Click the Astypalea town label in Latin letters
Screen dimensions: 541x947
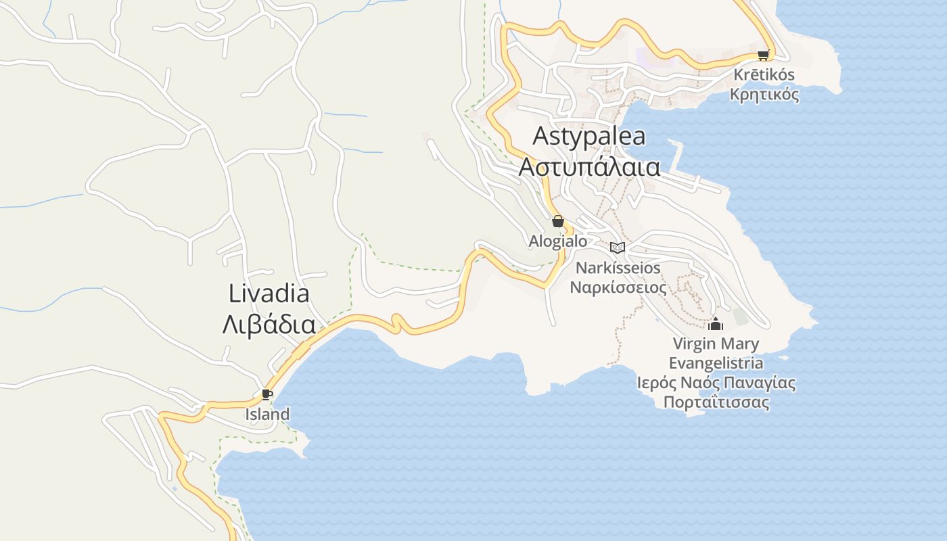(x=588, y=137)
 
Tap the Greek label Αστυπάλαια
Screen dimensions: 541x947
(x=589, y=166)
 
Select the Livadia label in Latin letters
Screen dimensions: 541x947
(x=269, y=293)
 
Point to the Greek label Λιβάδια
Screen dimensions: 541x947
(x=269, y=325)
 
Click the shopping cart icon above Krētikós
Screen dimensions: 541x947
(x=763, y=55)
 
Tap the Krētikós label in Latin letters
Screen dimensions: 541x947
(x=763, y=74)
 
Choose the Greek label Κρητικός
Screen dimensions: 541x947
(x=764, y=94)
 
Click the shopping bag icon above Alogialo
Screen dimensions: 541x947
(x=558, y=221)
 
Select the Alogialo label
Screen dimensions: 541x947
(x=558, y=241)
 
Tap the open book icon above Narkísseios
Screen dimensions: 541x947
(x=617, y=248)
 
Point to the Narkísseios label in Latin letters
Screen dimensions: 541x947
(x=618, y=268)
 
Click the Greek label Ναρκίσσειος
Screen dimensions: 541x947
(x=618, y=287)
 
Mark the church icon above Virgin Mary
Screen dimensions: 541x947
(x=716, y=324)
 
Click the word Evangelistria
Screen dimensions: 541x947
(x=716, y=363)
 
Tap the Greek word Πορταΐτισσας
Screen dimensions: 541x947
(x=716, y=403)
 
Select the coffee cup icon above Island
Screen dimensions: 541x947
(x=267, y=394)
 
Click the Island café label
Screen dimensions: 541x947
(x=267, y=414)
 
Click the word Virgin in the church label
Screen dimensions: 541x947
(x=693, y=344)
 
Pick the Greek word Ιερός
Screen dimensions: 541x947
(x=656, y=383)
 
